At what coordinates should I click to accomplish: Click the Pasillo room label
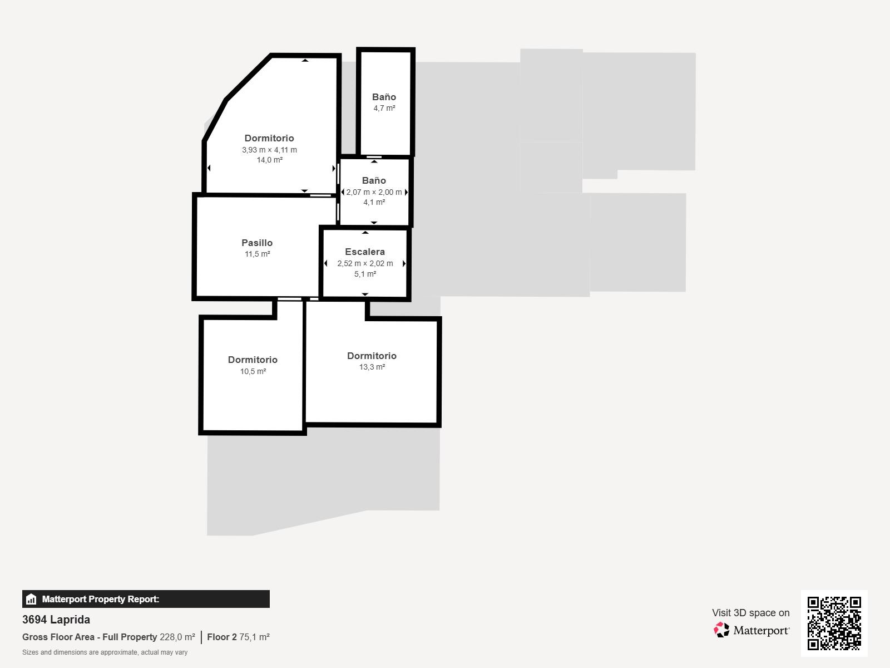click(x=257, y=243)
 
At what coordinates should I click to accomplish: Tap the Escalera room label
click(x=365, y=252)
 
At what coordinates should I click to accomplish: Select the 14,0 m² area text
click(x=270, y=160)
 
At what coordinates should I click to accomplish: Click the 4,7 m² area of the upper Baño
click(x=384, y=109)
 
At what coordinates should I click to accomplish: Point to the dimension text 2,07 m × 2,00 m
click(x=374, y=192)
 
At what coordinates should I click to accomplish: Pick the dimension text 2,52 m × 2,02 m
click(x=365, y=264)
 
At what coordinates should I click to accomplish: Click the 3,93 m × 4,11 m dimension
click(x=270, y=150)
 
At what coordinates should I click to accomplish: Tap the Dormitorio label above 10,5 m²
click(x=253, y=360)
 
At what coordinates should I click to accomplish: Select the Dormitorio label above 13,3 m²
click(x=372, y=356)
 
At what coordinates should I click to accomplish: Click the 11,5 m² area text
click(x=258, y=254)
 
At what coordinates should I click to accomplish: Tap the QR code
click(x=834, y=623)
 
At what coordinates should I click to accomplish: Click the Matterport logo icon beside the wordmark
click(x=721, y=630)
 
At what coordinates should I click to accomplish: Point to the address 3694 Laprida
click(x=56, y=620)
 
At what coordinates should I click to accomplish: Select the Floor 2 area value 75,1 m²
click(x=254, y=637)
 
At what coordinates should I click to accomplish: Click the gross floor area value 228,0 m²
click(x=177, y=637)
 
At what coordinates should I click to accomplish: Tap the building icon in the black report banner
click(x=31, y=599)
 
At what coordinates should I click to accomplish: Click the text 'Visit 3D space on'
click(x=750, y=613)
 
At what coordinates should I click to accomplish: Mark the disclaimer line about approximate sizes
click(x=105, y=652)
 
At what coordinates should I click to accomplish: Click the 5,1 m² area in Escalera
click(x=365, y=274)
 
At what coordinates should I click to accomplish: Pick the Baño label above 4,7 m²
click(x=384, y=97)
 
